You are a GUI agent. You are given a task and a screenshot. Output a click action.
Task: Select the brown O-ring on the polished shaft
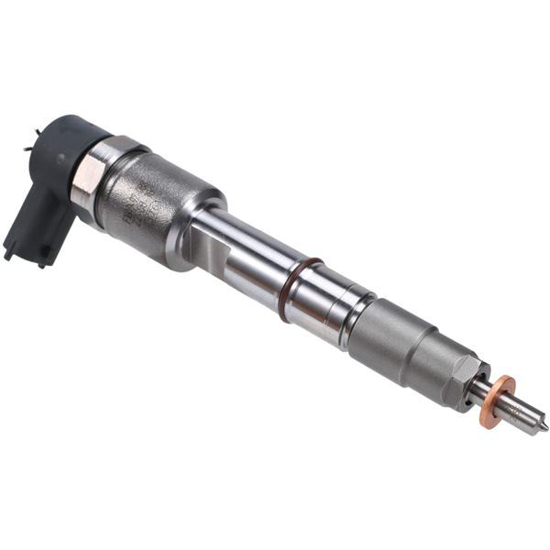click(x=300, y=288)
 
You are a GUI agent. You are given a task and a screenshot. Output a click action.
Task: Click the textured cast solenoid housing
click(x=156, y=206)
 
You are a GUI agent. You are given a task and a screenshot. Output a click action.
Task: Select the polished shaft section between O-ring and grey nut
click(x=335, y=302)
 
